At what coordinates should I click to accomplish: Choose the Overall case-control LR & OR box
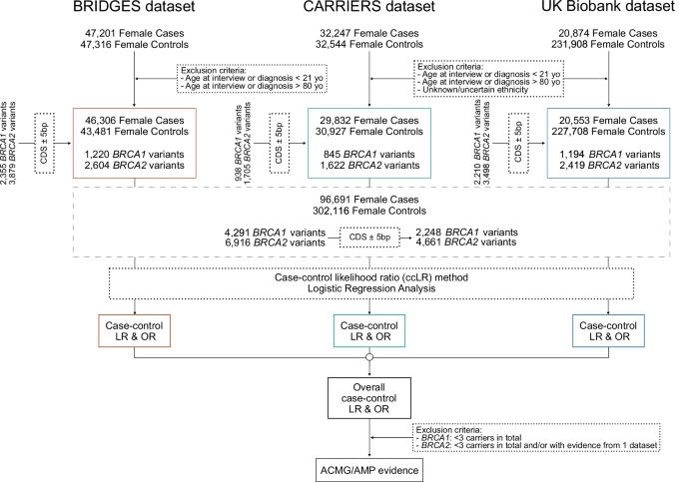(370, 399)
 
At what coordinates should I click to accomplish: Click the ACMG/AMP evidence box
(370, 467)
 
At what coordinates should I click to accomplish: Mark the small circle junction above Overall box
(370, 357)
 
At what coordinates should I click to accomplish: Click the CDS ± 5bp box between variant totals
(369, 238)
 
